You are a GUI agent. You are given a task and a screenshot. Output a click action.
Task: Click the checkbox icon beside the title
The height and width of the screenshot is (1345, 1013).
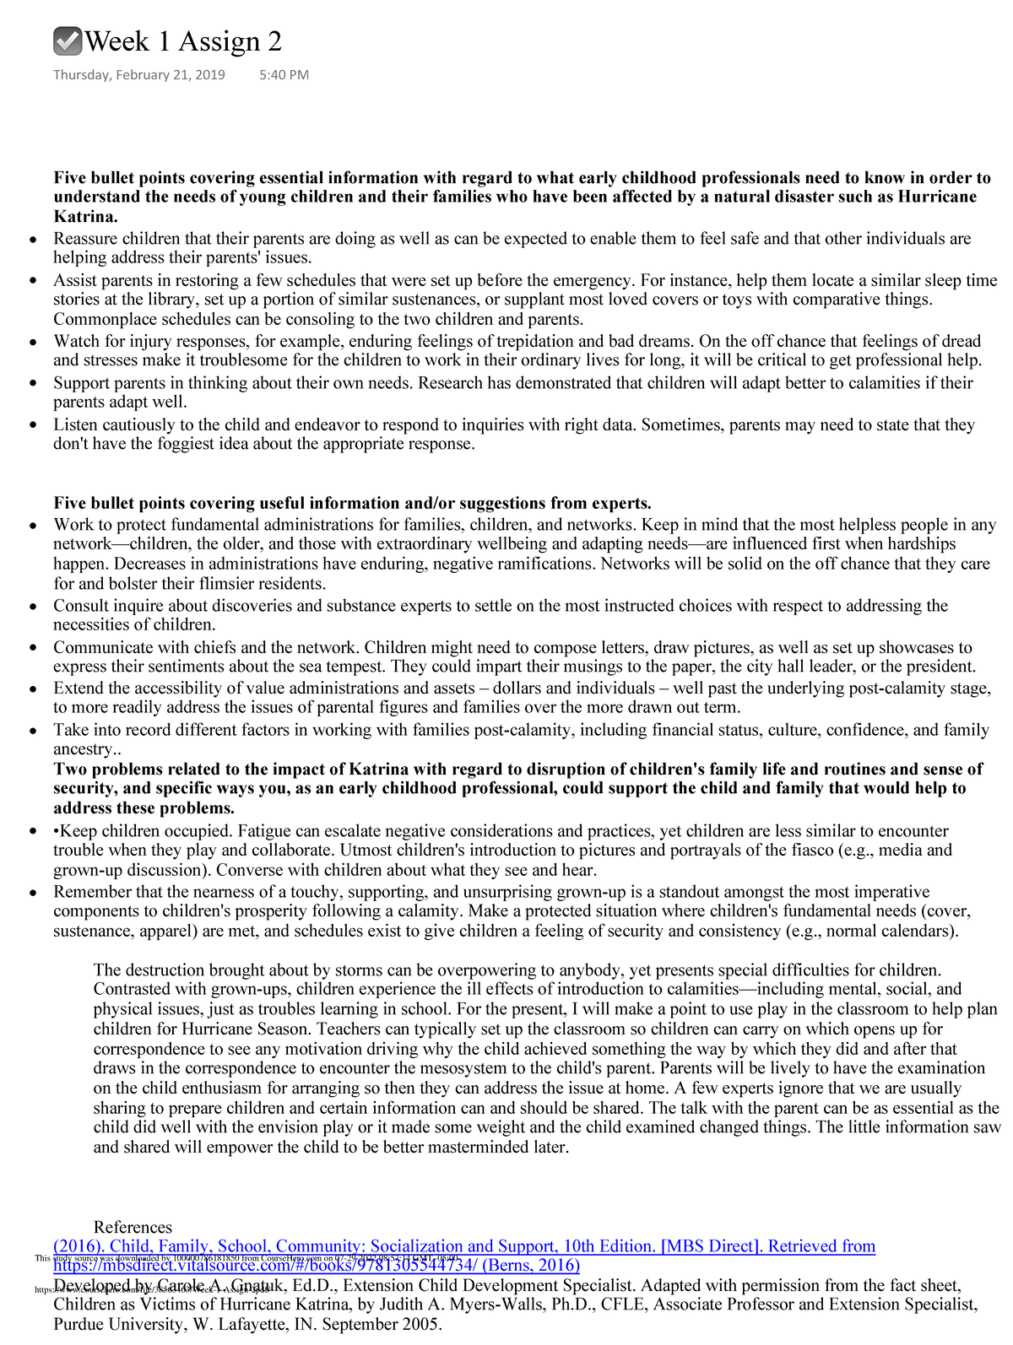click(68, 41)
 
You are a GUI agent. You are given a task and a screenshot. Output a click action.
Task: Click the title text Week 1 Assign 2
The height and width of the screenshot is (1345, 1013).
click(183, 41)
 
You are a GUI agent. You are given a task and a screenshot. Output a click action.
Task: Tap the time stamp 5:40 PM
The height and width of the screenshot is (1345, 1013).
click(284, 75)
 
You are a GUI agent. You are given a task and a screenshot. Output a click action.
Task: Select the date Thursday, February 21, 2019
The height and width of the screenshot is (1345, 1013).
click(139, 75)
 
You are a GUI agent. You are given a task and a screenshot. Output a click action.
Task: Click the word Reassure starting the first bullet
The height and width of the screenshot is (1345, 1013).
click(86, 239)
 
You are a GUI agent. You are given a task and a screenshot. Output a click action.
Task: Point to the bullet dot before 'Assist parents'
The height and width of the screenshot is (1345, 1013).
click(32, 281)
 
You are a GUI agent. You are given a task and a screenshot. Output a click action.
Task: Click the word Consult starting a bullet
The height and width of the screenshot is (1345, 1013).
click(82, 606)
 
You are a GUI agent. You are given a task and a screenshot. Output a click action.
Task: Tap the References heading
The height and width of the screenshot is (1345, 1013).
click(133, 1228)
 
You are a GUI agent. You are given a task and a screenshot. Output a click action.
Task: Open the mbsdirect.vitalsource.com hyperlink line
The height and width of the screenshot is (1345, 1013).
click(317, 1266)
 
